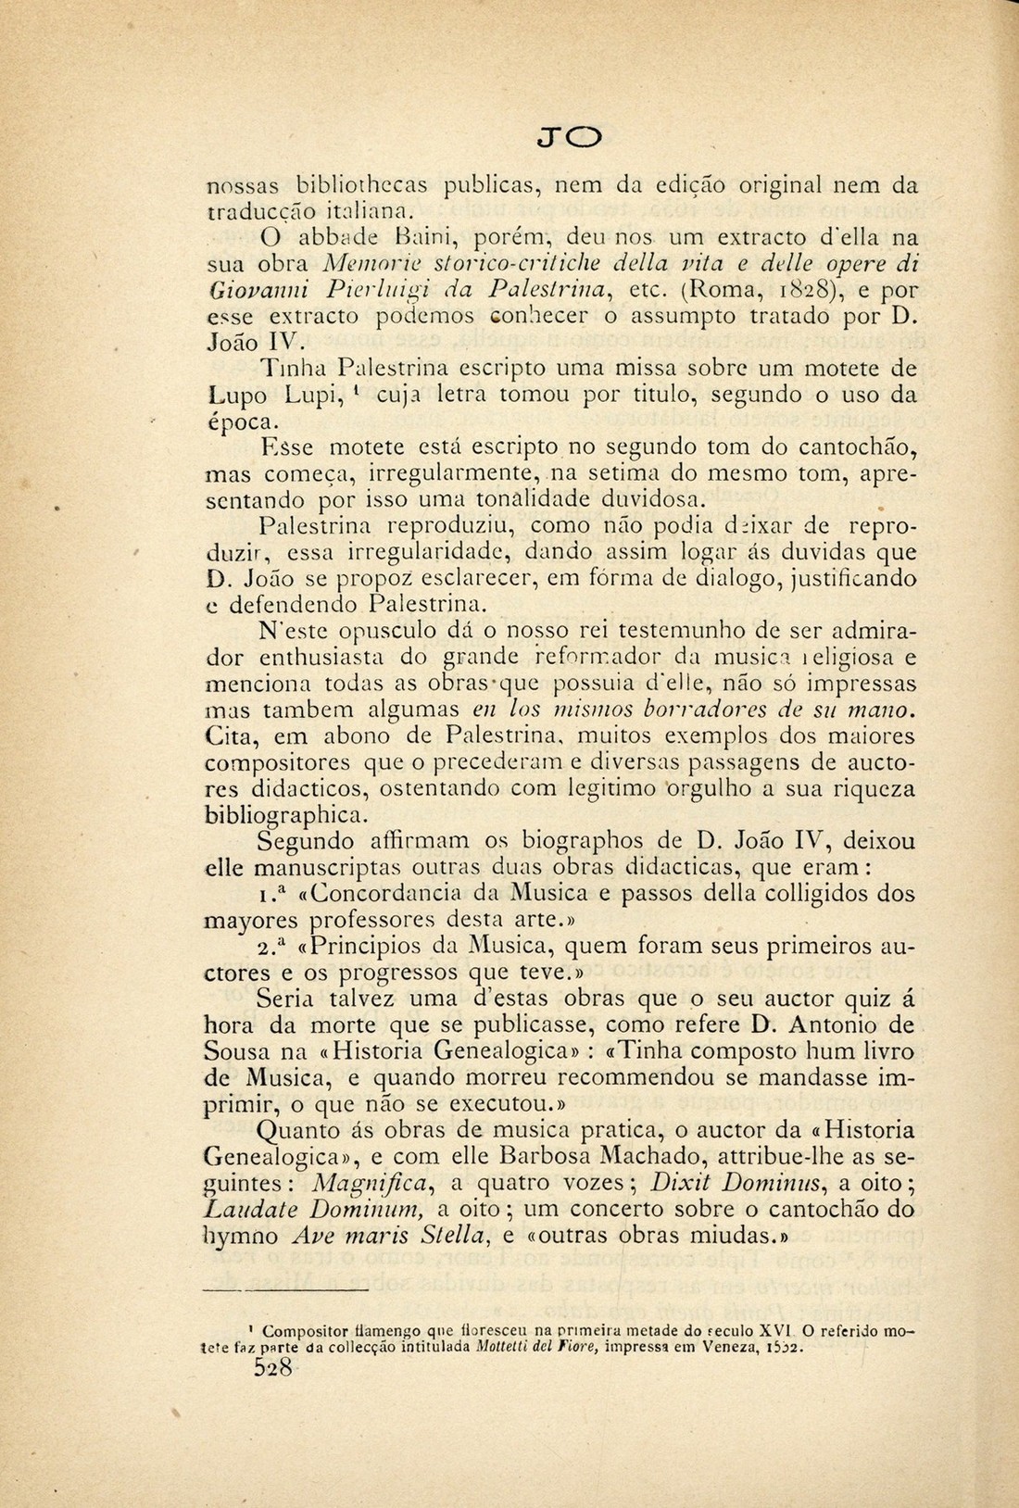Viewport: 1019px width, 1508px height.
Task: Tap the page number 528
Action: pos(273,1369)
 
